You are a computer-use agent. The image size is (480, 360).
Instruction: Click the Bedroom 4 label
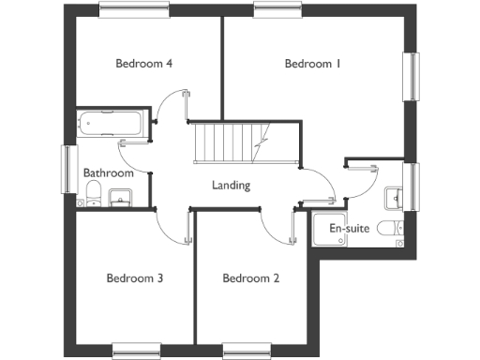pos(143,64)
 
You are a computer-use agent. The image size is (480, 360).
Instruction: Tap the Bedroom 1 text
pos(312,64)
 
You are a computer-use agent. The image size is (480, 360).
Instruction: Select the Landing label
pos(231,185)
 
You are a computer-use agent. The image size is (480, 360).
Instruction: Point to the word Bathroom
pos(109,172)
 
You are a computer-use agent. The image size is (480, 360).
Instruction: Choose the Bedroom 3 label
pos(135,278)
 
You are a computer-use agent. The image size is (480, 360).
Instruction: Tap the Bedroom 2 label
pos(250,278)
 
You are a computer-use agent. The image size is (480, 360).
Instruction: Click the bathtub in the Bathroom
pos(110,123)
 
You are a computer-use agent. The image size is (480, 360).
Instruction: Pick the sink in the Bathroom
pos(120,197)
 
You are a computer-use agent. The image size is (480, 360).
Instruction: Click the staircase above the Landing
pos(227,142)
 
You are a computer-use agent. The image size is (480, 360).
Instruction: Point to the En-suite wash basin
pos(394,195)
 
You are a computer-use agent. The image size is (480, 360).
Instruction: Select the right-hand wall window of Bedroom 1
pos(411,75)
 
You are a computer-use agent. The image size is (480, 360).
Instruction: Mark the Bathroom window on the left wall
pos(68,169)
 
